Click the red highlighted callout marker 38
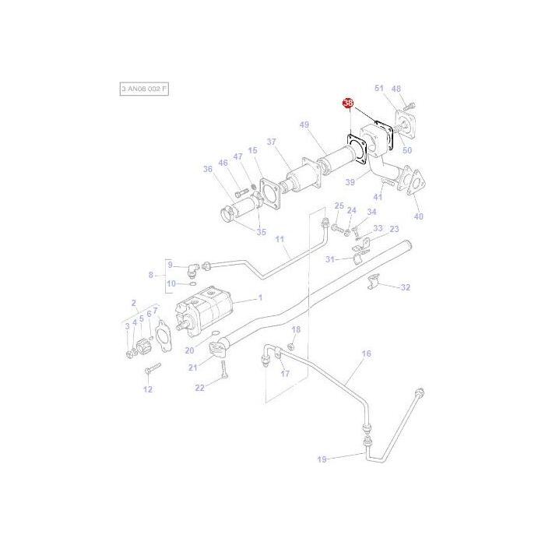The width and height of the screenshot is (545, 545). (348, 104)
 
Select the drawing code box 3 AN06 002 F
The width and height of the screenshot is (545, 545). (144, 90)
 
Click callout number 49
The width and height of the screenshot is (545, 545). (304, 125)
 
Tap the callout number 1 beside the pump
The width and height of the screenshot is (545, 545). (260, 297)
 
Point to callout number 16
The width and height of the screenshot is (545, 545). (367, 353)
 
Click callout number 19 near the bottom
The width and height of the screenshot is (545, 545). (322, 460)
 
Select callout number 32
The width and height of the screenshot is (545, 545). (405, 287)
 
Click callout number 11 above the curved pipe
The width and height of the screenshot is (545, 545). (280, 238)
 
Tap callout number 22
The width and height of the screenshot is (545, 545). (199, 387)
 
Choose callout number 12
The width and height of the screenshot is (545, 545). (148, 389)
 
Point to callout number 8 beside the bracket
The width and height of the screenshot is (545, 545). (152, 274)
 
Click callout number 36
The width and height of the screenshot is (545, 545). (208, 169)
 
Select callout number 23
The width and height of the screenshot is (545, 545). (394, 229)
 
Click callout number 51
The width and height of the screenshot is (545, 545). (379, 89)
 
